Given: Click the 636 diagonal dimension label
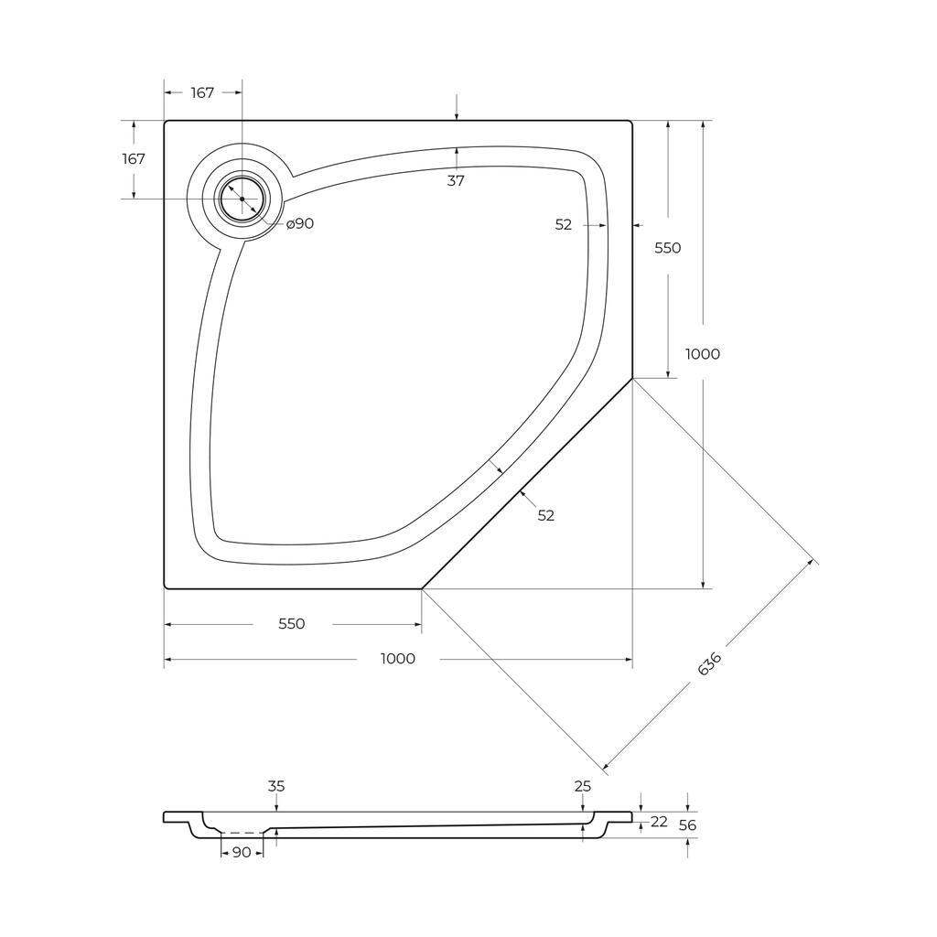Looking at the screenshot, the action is [710, 663].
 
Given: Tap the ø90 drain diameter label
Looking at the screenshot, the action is [300, 223].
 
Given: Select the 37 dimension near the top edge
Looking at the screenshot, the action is [456, 180].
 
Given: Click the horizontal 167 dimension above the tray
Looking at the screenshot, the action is [202, 92].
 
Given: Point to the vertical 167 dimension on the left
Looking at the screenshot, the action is [134, 159].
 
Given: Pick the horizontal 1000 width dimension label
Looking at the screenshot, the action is [398, 659].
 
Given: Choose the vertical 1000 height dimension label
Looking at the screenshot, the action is [703, 354].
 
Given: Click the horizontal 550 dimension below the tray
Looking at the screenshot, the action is [292, 624].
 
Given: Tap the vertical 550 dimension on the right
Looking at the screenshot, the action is [667, 247].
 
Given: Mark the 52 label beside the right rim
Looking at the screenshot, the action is [564, 225].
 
